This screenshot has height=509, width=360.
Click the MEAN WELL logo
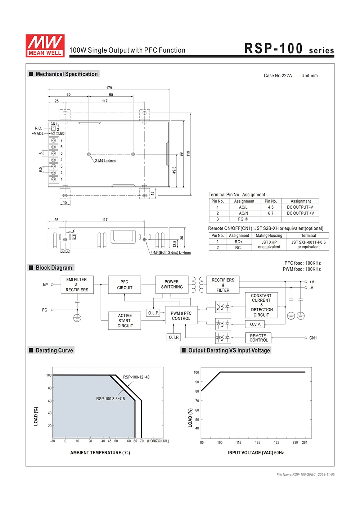pos(45,46)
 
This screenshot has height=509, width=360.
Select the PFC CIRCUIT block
pos(125,285)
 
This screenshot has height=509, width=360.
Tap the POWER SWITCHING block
pos(172,285)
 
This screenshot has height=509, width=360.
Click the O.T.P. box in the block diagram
pos(174,337)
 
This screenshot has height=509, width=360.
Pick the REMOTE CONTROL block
pos(258,338)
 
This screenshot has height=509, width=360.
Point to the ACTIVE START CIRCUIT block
pos(125,321)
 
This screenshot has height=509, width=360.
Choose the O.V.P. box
pos(255,324)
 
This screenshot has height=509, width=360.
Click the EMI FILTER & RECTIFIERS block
pos(77,285)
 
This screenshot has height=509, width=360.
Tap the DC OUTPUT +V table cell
pos(300,213)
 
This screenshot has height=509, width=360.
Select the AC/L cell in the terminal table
pos(243,207)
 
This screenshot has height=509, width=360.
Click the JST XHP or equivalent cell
pos(269,245)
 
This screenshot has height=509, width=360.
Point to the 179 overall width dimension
pos(109,88)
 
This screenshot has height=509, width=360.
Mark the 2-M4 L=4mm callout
pos(105,161)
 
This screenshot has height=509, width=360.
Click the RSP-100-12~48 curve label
pos(136,377)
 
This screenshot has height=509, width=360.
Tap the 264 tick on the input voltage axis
pos(305,442)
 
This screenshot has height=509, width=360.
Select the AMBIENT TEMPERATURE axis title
pos(100,453)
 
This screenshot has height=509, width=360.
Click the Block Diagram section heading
pos(54,268)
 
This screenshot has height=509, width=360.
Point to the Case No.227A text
pos(278,76)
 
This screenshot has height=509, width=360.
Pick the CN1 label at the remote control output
pos(313,338)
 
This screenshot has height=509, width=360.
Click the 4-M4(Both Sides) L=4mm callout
pos(170,253)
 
